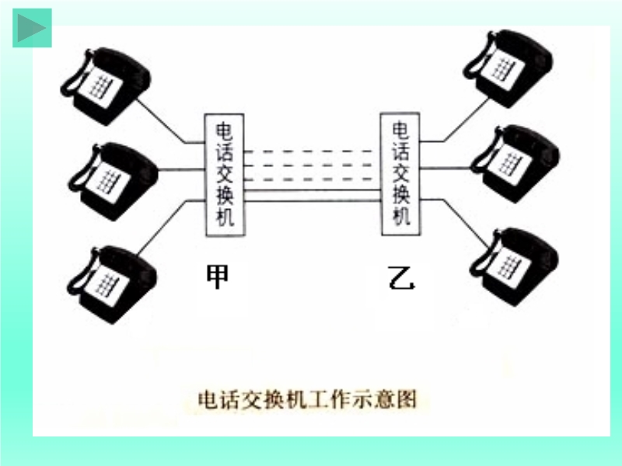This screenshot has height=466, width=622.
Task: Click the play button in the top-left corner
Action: [x=32, y=28]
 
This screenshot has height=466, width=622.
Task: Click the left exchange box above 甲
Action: [x=225, y=175]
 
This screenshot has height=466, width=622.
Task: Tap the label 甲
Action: [x=218, y=276]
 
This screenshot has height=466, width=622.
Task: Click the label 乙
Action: [x=402, y=276]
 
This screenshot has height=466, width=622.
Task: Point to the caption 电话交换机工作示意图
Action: [x=308, y=399]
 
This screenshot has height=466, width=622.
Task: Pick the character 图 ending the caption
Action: [x=408, y=399]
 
